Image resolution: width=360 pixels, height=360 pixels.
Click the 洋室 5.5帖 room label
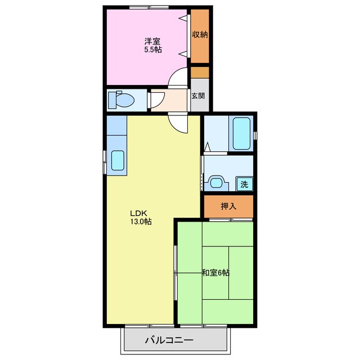coord(152,46)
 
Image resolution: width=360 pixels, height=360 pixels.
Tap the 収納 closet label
coord(200,35)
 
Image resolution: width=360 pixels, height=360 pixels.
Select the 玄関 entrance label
coord(198,96)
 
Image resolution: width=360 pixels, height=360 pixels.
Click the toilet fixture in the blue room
coord(121,100)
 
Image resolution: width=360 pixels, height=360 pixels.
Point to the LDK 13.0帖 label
coord(141,217)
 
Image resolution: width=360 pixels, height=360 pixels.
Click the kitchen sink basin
coord(118,160)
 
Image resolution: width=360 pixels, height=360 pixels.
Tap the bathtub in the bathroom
coord(241,133)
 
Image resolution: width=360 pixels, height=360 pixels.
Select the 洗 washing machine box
coord(245,184)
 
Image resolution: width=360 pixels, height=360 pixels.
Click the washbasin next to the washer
coord(216,183)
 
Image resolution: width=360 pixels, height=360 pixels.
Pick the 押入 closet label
coord(228,206)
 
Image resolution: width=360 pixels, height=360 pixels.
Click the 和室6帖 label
coord(215,273)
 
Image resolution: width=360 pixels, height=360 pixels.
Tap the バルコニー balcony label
coord(169,340)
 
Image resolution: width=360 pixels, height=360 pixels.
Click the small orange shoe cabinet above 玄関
coord(200,73)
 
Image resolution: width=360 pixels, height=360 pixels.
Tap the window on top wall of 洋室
coord(148,7)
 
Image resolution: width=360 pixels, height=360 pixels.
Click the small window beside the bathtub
coord(255,136)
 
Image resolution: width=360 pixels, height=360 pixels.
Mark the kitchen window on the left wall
coord(105,162)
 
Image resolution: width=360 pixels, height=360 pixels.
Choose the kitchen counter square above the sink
coord(117,125)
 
